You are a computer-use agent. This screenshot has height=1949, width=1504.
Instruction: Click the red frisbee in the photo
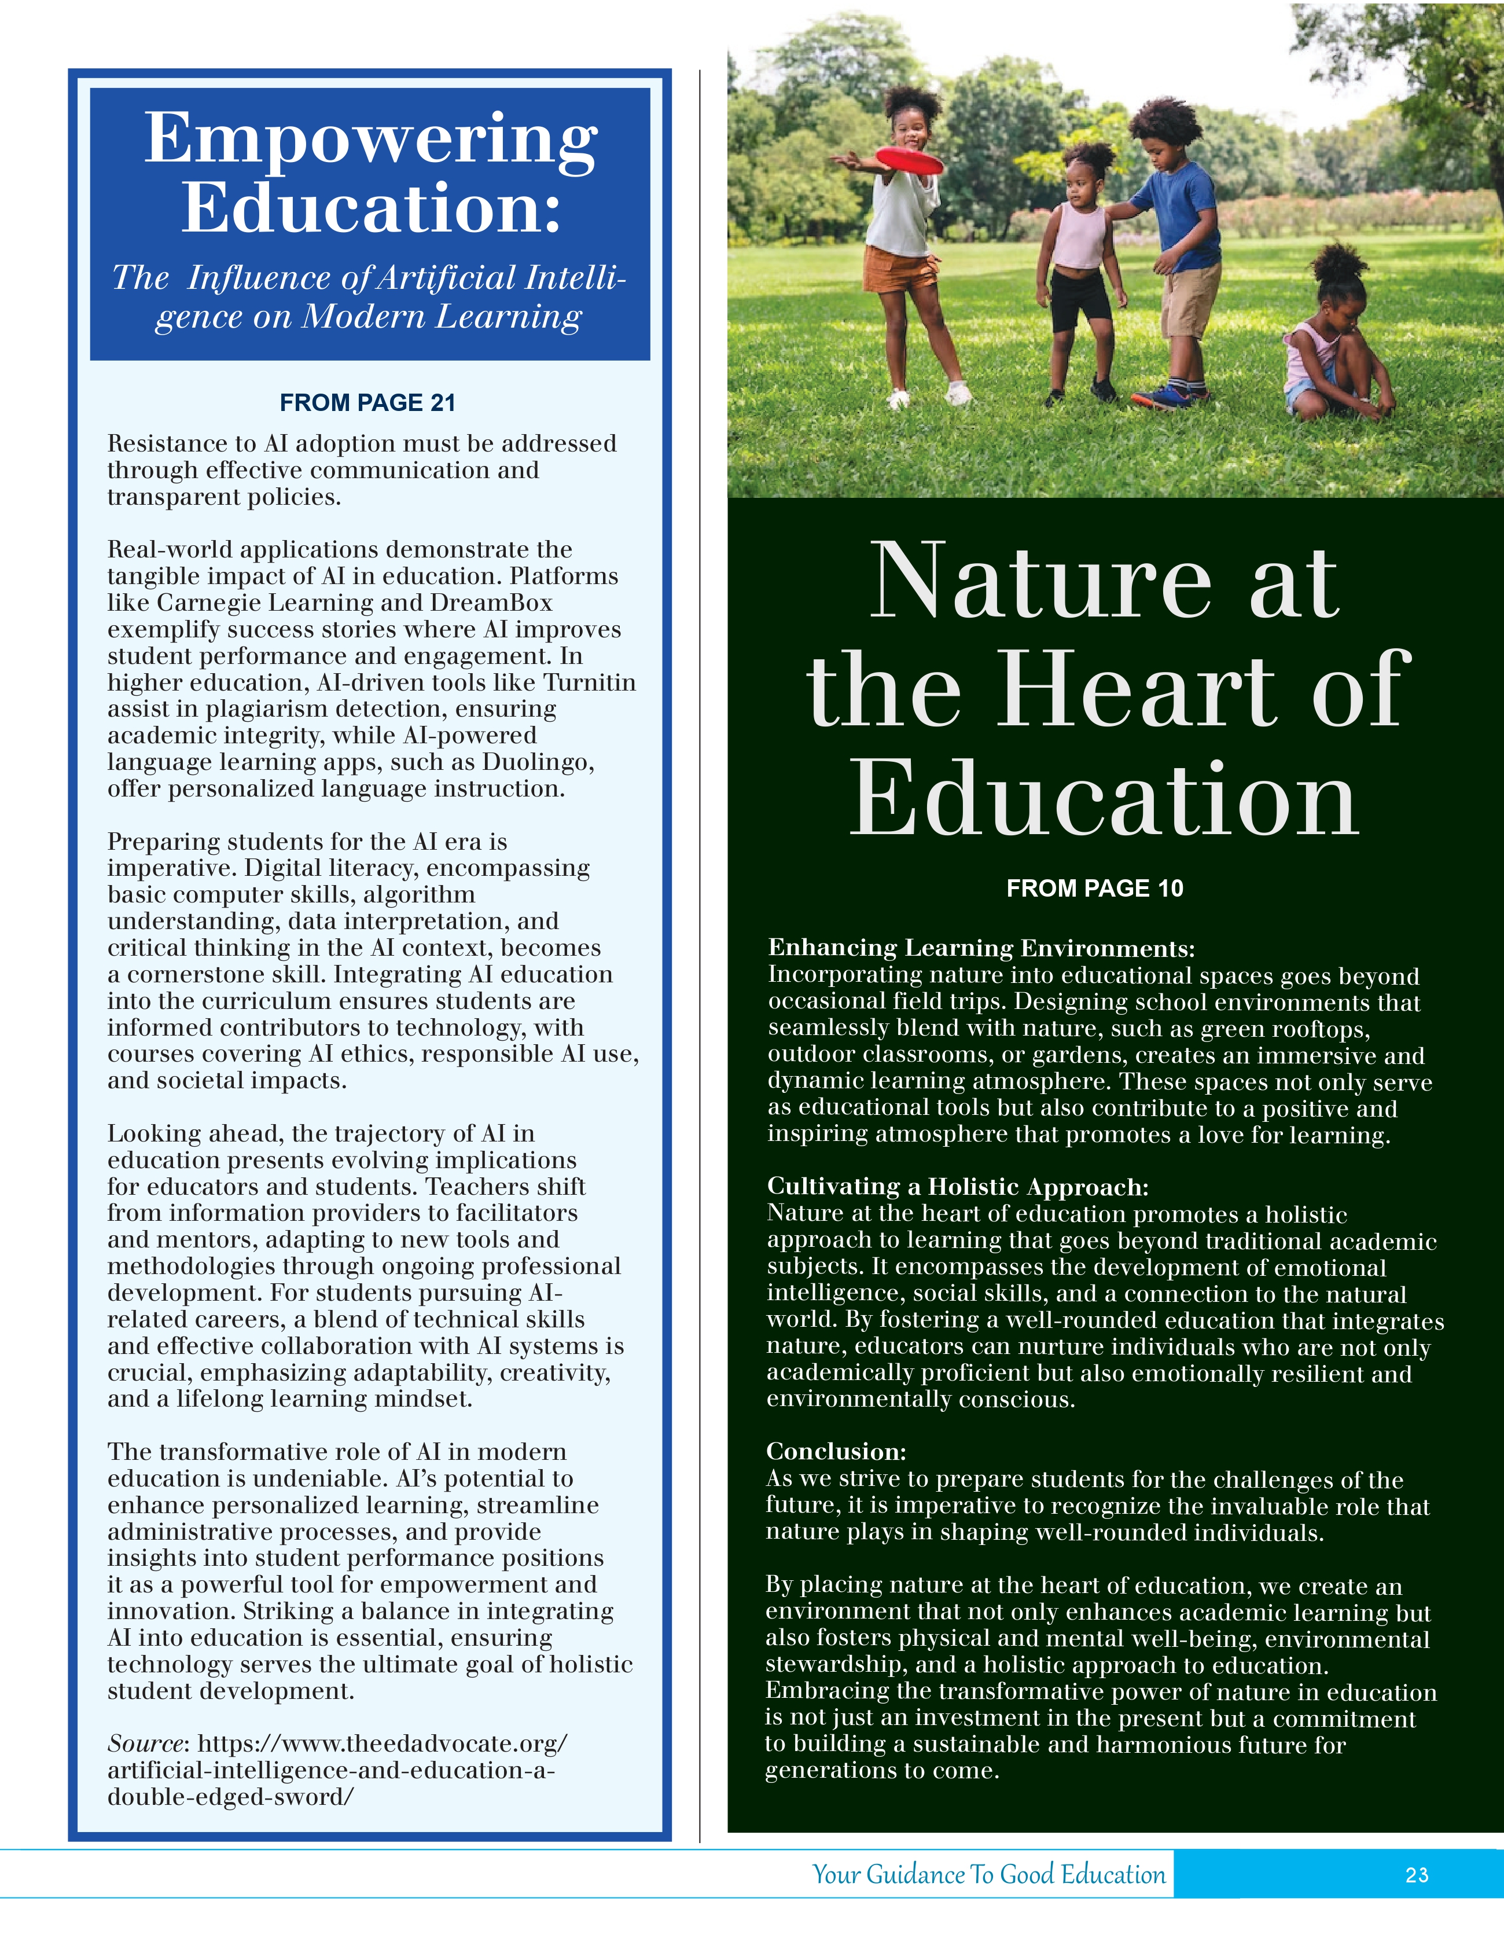tap(908, 161)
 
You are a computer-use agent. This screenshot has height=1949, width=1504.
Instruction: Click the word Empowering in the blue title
tap(370, 138)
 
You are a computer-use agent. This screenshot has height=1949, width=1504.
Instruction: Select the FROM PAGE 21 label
tap(367, 403)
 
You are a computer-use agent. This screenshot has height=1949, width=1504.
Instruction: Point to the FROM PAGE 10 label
tap(1094, 888)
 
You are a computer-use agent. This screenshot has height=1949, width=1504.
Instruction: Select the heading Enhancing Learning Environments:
tap(981, 948)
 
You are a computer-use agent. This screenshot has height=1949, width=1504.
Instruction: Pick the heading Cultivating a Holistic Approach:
tap(957, 1187)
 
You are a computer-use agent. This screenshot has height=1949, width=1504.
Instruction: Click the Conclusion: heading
tap(836, 1451)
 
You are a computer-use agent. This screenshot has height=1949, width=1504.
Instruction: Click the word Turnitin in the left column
tap(590, 682)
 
